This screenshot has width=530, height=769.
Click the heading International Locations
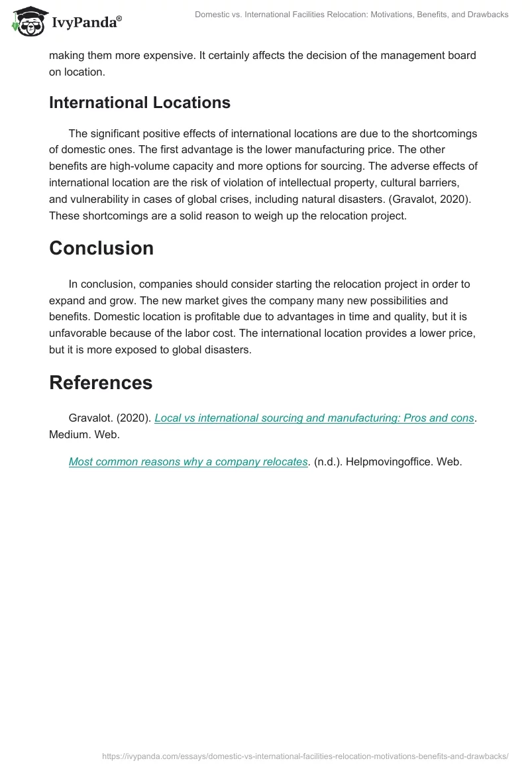140,103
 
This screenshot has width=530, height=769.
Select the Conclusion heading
101,248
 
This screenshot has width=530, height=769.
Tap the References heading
101,383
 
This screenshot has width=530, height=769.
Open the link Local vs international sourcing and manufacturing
314,418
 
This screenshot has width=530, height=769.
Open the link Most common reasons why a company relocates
188,461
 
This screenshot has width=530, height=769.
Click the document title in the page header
351,15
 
